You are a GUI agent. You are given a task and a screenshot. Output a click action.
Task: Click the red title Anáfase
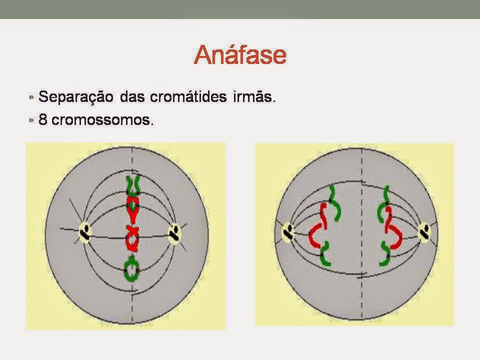[x=240, y=54]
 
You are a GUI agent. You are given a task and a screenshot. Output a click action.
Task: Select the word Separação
[x=76, y=97]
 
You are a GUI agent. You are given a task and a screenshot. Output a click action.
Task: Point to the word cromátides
[x=188, y=96]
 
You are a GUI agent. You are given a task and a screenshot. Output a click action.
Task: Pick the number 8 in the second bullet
[x=43, y=119]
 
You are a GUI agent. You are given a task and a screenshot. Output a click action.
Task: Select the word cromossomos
[x=102, y=119]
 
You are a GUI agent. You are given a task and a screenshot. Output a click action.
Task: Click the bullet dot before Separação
[x=31, y=97]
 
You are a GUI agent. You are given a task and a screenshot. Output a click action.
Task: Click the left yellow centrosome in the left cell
[x=85, y=232]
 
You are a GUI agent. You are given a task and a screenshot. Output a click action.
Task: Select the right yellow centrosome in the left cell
[x=175, y=234]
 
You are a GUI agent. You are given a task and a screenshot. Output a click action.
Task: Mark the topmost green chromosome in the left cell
[x=133, y=185]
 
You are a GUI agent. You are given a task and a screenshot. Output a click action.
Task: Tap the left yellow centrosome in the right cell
[x=288, y=232]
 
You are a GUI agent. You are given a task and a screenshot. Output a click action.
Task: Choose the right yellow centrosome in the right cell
[x=425, y=231]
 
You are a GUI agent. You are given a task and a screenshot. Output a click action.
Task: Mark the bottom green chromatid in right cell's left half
[x=325, y=254]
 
